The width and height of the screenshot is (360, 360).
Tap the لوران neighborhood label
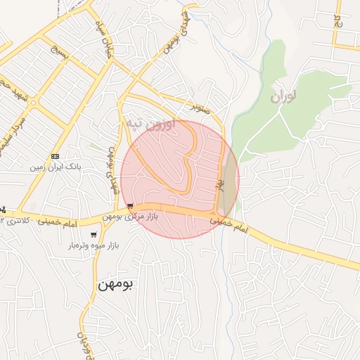(283, 96)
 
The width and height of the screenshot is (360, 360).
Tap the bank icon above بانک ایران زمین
(55, 155)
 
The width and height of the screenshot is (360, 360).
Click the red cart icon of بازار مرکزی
(131, 206)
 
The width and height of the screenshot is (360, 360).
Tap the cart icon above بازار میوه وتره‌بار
(94, 235)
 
